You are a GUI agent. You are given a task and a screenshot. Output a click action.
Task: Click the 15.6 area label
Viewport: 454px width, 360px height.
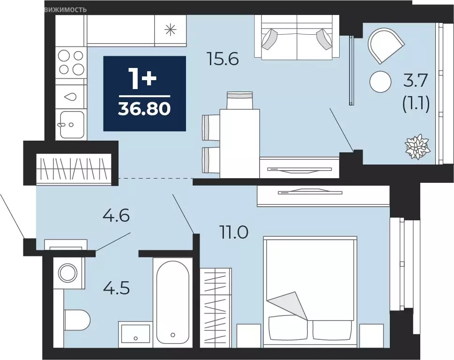pyautogui.click(x=223, y=59)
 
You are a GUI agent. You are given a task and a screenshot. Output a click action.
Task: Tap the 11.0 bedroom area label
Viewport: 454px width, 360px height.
pyautogui.click(x=234, y=232)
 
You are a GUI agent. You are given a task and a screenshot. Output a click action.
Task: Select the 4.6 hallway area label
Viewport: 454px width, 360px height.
pyautogui.click(x=116, y=216)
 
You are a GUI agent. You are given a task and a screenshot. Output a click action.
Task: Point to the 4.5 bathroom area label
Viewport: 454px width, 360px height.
pyautogui.click(x=116, y=288)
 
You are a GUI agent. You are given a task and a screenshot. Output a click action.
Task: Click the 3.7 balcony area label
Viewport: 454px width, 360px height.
pyautogui.click(x=416, y=81)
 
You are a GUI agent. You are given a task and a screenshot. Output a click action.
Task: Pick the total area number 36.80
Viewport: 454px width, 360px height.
pyautogui.click(x=144, y=109)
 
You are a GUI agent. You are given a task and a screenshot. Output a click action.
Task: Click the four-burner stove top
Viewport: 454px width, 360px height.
pyautogui.click(x=71, y=62)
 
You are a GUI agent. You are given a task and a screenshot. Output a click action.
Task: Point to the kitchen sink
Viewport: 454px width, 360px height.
pyautogui.click(x=72, y=124)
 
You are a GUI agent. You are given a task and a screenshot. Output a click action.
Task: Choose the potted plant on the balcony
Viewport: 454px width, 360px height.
pyautogui.click(x=417, y=147)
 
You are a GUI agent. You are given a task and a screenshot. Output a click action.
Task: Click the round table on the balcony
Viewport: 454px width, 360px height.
pyautogui.click(x=380, y=82)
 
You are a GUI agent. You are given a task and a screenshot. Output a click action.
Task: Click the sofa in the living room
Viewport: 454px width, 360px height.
pyautogui.click(x=297, y=37)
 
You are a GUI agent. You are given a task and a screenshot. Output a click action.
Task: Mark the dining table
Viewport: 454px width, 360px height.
pyautogui.click(x=239, y=143)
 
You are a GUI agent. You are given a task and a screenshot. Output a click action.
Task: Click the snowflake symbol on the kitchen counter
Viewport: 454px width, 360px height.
pyautogui.click(x=170, y=30)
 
